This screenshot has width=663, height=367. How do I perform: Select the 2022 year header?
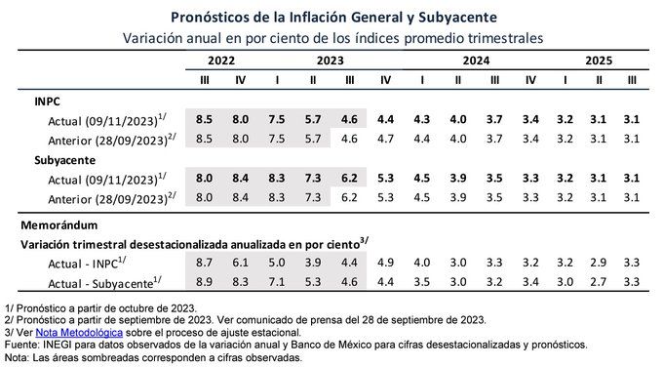[221, 61]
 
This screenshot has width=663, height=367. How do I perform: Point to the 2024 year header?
[476, 61]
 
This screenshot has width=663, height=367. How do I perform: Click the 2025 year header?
[599, 61]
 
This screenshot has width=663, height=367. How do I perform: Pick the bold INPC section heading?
[48, 102]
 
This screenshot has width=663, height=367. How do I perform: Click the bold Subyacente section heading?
[65, 160]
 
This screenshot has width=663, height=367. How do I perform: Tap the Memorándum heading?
[59, 224]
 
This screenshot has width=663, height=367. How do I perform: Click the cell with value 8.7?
[204, 263]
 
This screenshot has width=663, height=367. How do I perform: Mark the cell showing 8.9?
[204, 282]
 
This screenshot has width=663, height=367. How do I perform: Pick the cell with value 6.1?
[240, 263]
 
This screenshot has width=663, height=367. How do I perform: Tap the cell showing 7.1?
[277, 282]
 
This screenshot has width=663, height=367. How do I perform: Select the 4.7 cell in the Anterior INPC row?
[385, 139]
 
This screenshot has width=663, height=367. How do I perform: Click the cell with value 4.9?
[385, 263]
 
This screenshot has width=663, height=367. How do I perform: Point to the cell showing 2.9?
[599, 263]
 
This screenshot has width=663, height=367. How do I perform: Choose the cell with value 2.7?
[599, 282]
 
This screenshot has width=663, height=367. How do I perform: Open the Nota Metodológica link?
[79, 333]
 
